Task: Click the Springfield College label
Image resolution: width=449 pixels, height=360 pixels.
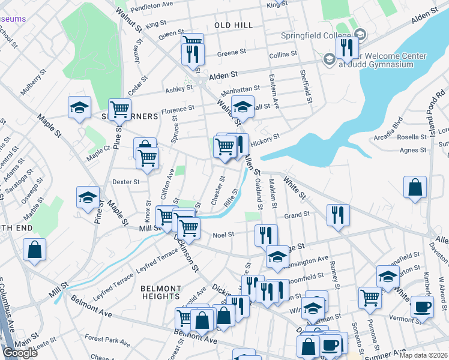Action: pyautogui.click(x=316, y=35)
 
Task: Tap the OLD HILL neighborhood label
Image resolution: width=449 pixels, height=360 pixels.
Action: pyautogui.click(x=234, y=25)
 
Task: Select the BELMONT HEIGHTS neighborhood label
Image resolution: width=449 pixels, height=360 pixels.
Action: pyautogui.click(x=160, y=292)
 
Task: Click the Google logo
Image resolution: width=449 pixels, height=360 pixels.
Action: pyautogui.click(x=20, y=353)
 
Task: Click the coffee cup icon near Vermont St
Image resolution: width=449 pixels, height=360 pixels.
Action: pyautogui.click(x=422, y=307)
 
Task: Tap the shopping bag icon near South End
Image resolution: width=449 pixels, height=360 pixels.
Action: pyautogui.click(x=35, y=249)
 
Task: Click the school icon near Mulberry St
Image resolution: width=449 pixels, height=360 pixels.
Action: pyautogui.click(x=79, y=107)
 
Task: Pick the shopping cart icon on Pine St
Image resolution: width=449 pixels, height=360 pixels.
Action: pyautogui.click(x=120, y=109)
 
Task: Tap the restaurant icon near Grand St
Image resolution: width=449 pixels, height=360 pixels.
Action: pyautogui.click(x=338, y=215)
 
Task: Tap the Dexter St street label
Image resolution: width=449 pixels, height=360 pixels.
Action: pyautogui.click(x=126, y=181)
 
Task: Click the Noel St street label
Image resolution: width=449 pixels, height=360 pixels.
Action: pyautogui.click(x=223, y=235)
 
